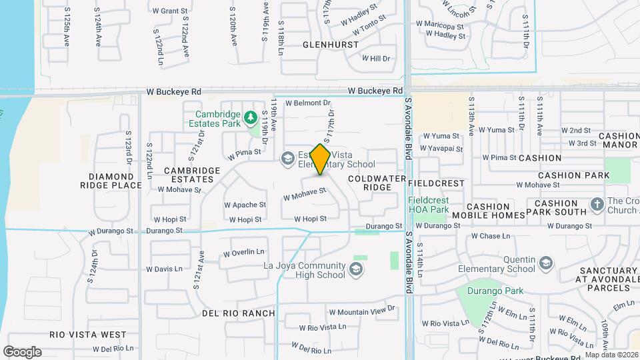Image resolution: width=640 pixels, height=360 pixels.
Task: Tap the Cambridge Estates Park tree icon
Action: pyautogui.click(x=251, y=118)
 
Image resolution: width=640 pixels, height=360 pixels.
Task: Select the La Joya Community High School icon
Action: pyautogui.click(x=356, y=269)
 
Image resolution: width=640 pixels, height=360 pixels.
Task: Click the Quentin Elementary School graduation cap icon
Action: pyautogui.click(x=546, y=263)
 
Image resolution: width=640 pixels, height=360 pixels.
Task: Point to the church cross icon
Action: pyautogui.click(x=597, y=204)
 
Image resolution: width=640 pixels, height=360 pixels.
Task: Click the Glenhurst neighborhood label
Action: pyautogui.click(x=331, y=45)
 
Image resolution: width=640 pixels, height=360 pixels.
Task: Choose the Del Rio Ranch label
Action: pyautogui.click(x=238, y=313)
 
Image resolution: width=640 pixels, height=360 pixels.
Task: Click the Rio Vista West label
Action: pyautogui.click(x=88, y=334)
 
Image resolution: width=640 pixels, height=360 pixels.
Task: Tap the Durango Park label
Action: pyautogui.click(x=495, y=291)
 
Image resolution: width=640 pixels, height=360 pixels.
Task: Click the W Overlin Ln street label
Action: pyautogui.click(x=244, y=253)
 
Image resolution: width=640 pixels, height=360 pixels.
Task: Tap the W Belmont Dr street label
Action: pyautogui.click(x=308, y=103)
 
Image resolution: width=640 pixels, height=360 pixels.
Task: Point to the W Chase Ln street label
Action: pyautogui.click(x=490, y=236)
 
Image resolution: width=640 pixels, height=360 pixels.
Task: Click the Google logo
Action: pyautogui.click(x=22, y=352)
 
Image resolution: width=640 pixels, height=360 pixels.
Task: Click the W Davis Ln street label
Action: pyautogui.click(x=164, y=269)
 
